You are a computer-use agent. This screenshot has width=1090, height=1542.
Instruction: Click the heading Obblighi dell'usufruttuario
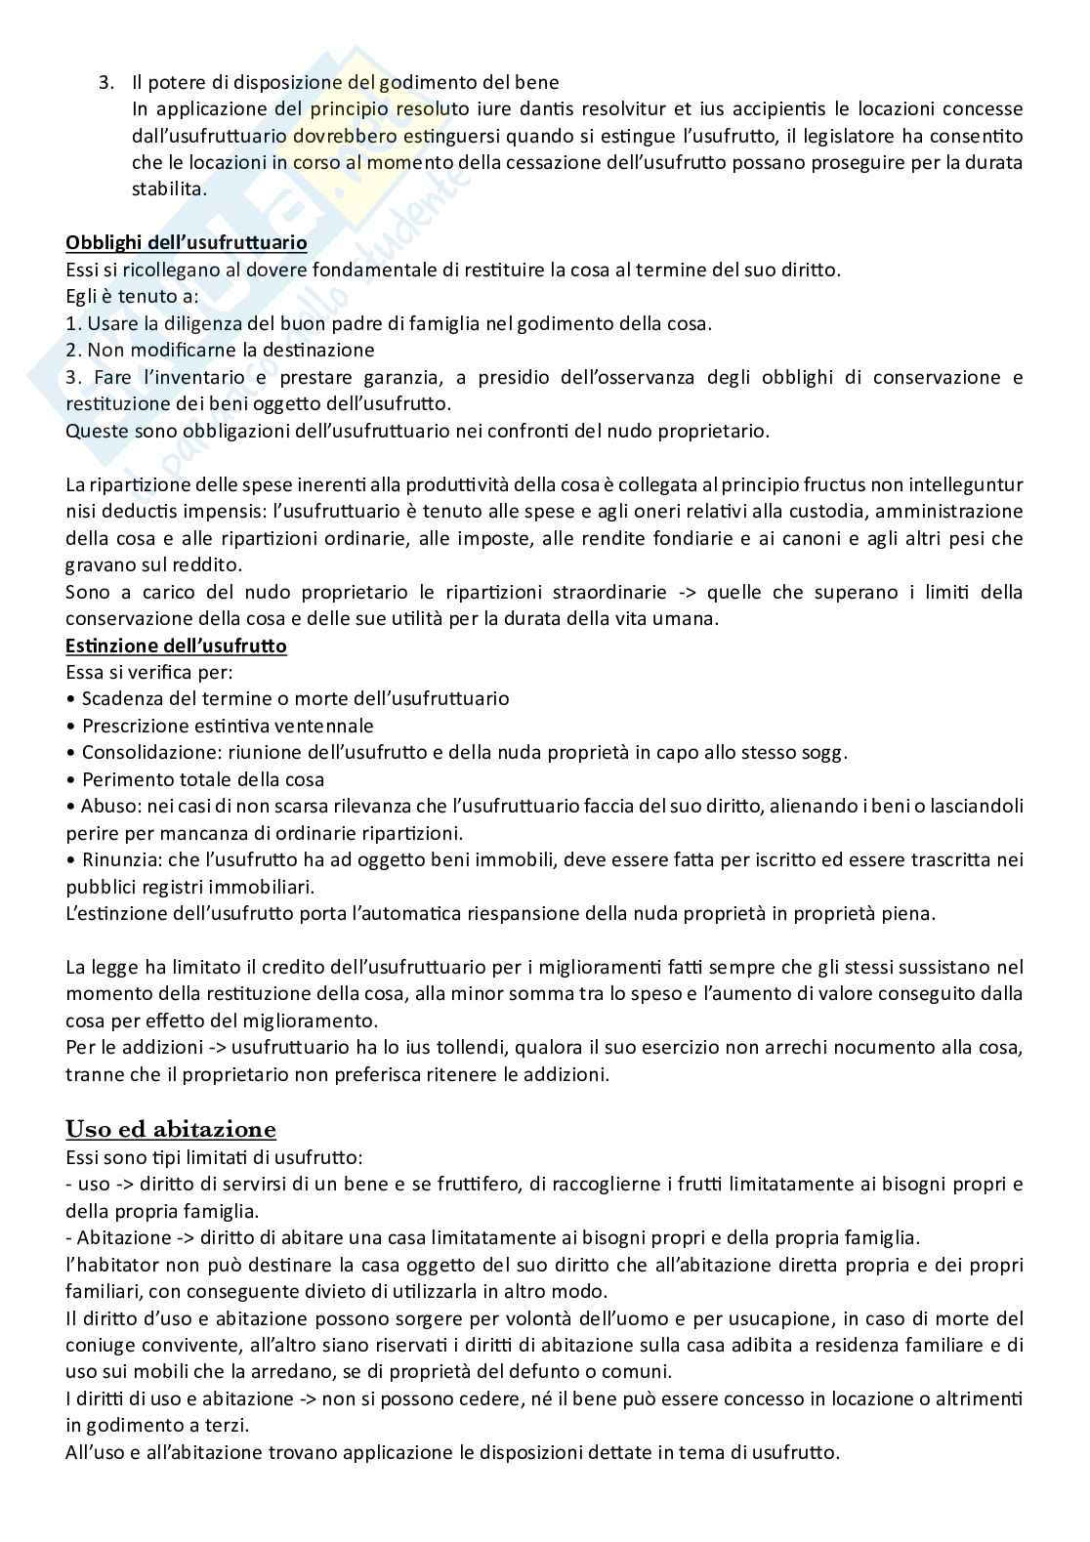186,242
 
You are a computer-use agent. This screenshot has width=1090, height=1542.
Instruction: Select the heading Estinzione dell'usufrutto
176,646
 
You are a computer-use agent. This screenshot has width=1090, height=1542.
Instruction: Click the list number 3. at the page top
106,82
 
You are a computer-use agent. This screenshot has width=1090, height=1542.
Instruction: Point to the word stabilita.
168,189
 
